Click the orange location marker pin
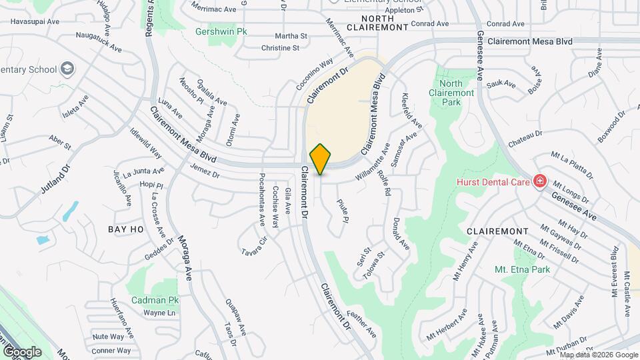tap(321, 159)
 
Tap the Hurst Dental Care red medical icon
tap(539, 181)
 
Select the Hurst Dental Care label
tap(494, 182)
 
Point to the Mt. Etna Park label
tap(522, 270)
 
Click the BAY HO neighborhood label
tap(126, 229)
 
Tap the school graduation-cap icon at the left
tap(67, 68)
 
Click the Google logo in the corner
tap(22, 351)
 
